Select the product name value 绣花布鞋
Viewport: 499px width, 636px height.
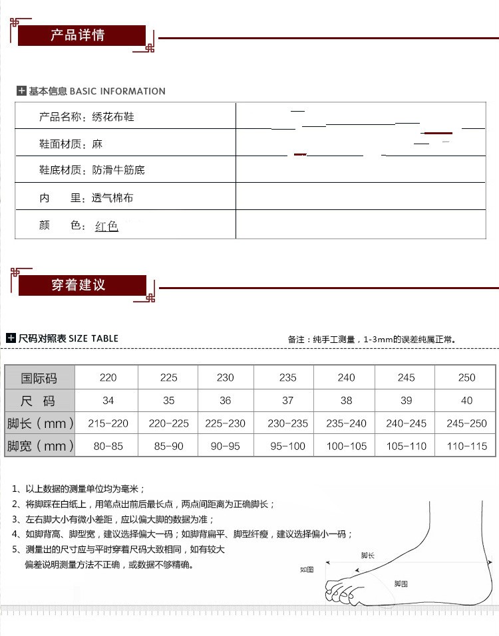click(x=113, y=117)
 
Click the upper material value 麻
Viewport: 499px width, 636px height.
click(x=98, y=144)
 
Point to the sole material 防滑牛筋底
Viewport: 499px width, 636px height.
click(x=118, y=170)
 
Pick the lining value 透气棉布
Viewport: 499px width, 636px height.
click(x=112, y=198)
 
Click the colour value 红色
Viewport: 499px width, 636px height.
click(x=106, y=226)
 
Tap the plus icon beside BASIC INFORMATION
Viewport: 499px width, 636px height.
click(x=21, y=91)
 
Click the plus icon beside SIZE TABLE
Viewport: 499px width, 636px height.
click(x=11, y=338)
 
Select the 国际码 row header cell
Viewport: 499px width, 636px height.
click(x=39, y=378)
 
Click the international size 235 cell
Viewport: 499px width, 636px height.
click(x=288, y=377)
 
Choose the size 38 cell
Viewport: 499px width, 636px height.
click(x=346, y=401)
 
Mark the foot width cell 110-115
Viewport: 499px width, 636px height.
click(x=467, y=446)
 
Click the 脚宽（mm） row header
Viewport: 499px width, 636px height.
click(x=40, y=446)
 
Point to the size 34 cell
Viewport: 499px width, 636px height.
click(x=108, y=401)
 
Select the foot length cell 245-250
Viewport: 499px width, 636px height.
click(x=467, y=423)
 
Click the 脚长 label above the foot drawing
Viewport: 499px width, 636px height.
click(x=367, y=555)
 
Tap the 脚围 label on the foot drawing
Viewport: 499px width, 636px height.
click(x=401, y=583)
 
